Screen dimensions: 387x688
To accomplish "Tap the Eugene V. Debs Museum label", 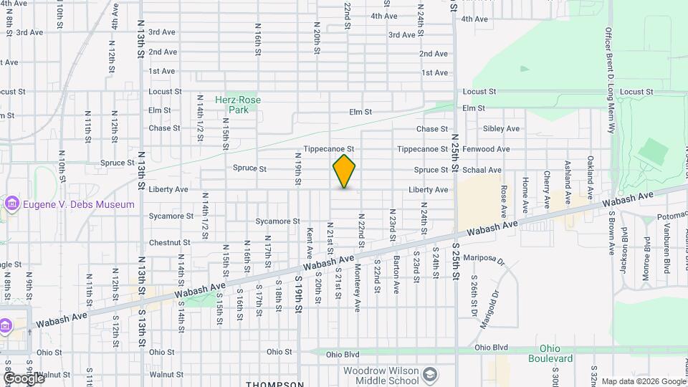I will [x=78, y=204].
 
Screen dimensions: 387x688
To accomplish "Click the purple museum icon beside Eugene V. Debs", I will [x=11, y=204].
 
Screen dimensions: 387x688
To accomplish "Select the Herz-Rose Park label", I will [x=238, y=105].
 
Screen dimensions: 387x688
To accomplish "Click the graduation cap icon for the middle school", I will [x=429, y=374].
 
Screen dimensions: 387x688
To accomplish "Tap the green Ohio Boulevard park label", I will [x=557, y=353].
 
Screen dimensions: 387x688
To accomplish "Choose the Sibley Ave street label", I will [x=501, y=129].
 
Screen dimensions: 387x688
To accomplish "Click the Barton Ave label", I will [x=396, y=275].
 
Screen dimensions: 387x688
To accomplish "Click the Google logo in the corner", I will [x=24, y=378].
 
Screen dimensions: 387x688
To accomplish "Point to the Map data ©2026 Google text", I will [x=643, y=381].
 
